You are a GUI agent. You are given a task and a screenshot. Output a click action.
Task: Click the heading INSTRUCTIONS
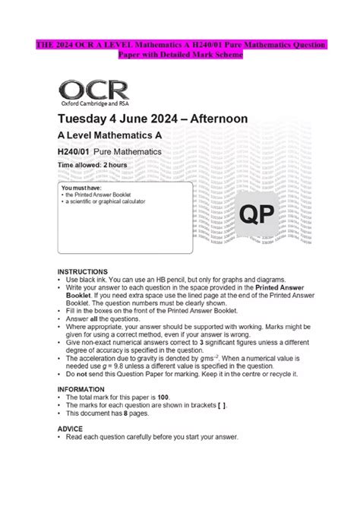(83, 271)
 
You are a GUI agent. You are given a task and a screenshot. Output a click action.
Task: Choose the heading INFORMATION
(82, 388)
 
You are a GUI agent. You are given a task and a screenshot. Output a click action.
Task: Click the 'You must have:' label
(79, 187)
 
